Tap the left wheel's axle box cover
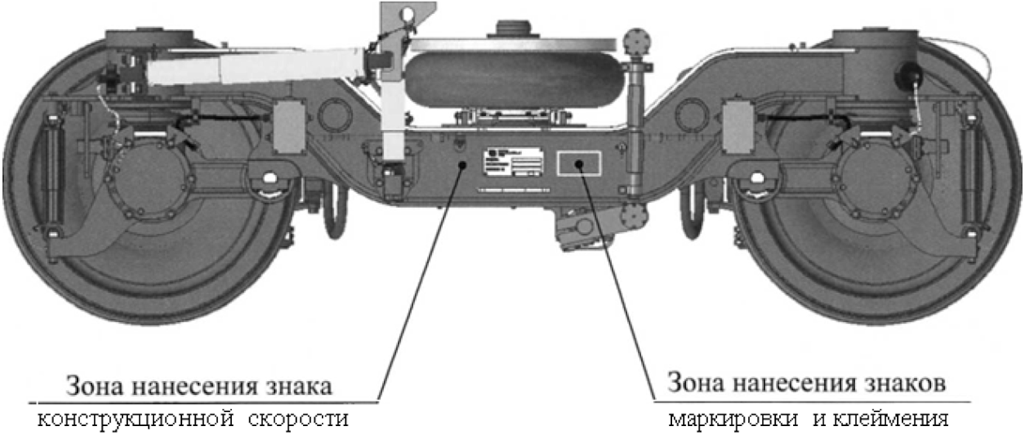point(147,177)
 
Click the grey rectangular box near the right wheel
point(737,127)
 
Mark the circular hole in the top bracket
point(410,13)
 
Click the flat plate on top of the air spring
point(512,43)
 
